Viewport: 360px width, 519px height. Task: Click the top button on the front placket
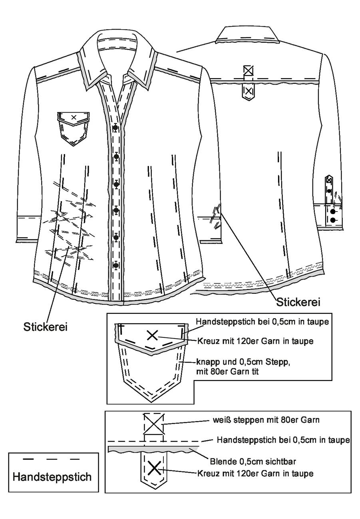coord(115,127)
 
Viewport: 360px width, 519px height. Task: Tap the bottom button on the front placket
coord(116,265)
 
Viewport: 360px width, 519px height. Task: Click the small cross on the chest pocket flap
coord(74,117)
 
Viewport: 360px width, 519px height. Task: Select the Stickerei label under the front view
coord(46,327)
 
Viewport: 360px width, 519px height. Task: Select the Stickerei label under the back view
coord(298,302)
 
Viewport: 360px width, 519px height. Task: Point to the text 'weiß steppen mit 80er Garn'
coord(266,420)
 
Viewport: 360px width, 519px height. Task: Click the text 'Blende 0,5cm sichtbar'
coord(253,462)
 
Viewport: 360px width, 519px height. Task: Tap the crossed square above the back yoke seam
coord(248,71)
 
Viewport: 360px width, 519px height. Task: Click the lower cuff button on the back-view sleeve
coord(333,220)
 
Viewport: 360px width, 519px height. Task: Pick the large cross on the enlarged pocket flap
coord(152,335)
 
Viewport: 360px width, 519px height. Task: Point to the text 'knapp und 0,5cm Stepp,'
coord(243,362)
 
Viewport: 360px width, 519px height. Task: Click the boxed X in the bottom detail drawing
coord(154,424)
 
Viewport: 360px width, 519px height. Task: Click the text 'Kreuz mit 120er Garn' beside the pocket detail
coord(239,341)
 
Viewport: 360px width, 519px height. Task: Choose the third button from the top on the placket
coord(116,184)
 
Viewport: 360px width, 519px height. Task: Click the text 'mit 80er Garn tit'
coord(227,372)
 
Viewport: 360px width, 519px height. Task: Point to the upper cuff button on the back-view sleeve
coord(333,211)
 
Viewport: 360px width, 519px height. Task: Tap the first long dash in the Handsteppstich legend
coord(28,459)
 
